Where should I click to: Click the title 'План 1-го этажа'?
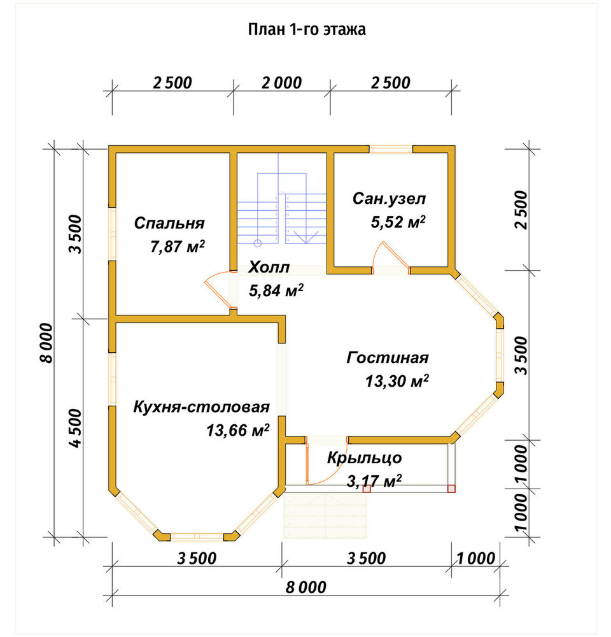click(x=307, y=29)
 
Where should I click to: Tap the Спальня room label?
click(x=169, y=223)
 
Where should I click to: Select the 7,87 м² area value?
click(x=178, y=246)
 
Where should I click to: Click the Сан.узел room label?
click(x=389, y=199)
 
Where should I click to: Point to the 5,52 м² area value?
click(x=398, y=222)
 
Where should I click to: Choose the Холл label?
click(x=269, y=268)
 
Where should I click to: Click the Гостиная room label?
click(x=388, y=357)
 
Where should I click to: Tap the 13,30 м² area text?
click(x=397, y=381)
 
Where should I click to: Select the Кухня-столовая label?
click(x=201, y=406)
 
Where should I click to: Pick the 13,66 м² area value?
click(x=237, y=430)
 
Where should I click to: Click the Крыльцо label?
click(x=365, y=458)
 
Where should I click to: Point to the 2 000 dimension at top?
click(x=281, y=83)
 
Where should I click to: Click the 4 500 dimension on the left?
click(x=76, y=428)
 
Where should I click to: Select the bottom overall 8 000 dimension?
click(x=305, y=587)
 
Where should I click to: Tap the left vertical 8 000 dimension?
click(x=46, y=343)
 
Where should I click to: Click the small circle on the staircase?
click(x=257, y=243)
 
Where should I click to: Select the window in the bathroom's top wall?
click(x=391, y=149)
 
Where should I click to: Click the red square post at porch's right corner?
click(x=451, y=489)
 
